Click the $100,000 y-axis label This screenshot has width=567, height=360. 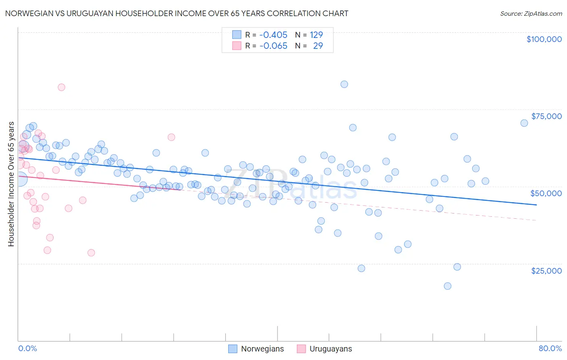[x=544, y=39]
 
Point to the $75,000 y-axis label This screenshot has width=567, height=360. [x=546, y=116]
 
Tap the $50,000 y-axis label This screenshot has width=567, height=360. [x=546, y=193]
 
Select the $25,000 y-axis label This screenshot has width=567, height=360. [x=546, y=270]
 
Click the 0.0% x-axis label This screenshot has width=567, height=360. [x=27, y=348]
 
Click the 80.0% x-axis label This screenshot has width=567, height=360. [x=550, y=348]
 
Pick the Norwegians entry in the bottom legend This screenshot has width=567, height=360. [x=262, y=349]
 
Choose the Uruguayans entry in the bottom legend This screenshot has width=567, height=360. [x=330, y=349]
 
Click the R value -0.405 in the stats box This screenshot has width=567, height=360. [x=273, y=35]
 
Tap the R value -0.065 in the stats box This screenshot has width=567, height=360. [x=273, y=46]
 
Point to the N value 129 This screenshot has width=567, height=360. [x=316, y=35]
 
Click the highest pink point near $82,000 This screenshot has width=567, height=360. [x=61, y=87]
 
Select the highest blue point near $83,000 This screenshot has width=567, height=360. [x=344, y=84]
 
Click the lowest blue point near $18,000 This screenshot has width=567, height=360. [x=447, y=286]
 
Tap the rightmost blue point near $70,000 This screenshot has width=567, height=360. [x=524, y=123]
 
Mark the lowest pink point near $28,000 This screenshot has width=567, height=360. [x=91, y=253]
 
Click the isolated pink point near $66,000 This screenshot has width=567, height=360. [x=171, y=137]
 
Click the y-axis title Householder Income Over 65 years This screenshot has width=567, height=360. [x=11, y=184]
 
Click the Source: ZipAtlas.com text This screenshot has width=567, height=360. [x=531, y=14]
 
